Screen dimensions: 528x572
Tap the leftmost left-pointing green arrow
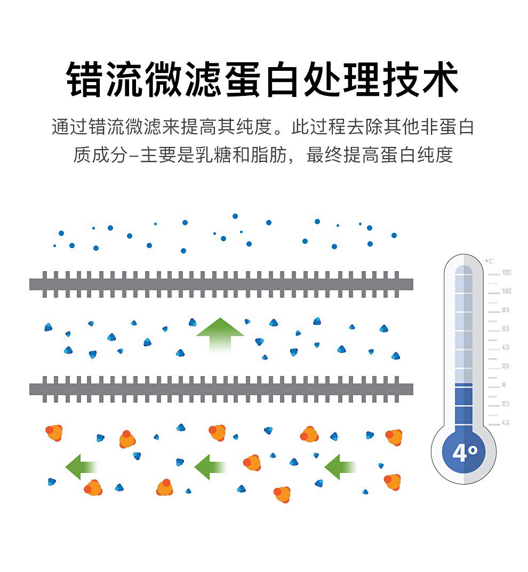(80, 467)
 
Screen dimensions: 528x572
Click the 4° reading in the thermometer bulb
(464, 453)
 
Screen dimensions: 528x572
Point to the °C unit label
(489, 261)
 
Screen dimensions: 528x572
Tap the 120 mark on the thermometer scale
(506, 273)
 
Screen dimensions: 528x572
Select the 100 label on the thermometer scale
(506, 291)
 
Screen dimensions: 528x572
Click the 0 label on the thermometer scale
(503, 385)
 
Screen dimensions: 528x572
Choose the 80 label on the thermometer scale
(505, 310)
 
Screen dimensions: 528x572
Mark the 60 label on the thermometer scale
(505, 329)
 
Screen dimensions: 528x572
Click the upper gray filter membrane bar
(221, 284)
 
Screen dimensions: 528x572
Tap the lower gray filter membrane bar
(221, 389)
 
